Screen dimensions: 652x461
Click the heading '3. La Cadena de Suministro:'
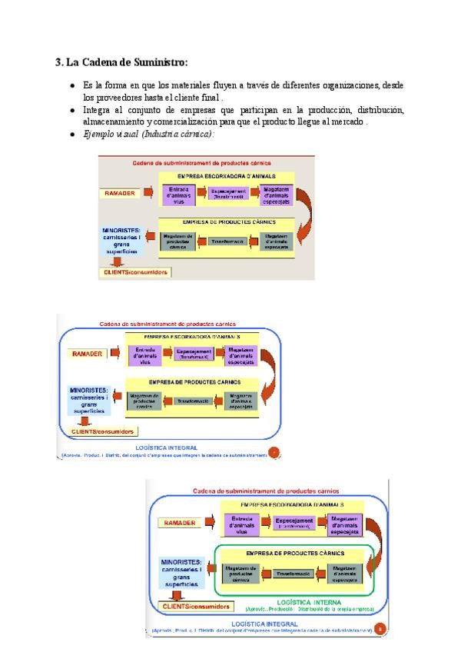121,62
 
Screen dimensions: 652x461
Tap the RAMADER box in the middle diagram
87,354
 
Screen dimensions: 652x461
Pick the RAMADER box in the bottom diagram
178,523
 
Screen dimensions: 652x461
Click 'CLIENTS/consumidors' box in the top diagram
135,272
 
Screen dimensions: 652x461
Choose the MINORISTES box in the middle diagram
89,400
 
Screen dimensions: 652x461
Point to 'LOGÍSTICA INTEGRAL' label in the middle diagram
166,447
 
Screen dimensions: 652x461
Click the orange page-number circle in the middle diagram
273,452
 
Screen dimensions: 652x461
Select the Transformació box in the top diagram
228,241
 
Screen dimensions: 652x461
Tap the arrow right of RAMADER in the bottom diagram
209,523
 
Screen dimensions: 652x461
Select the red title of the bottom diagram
268,490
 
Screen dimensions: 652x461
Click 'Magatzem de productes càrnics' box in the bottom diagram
242,574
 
